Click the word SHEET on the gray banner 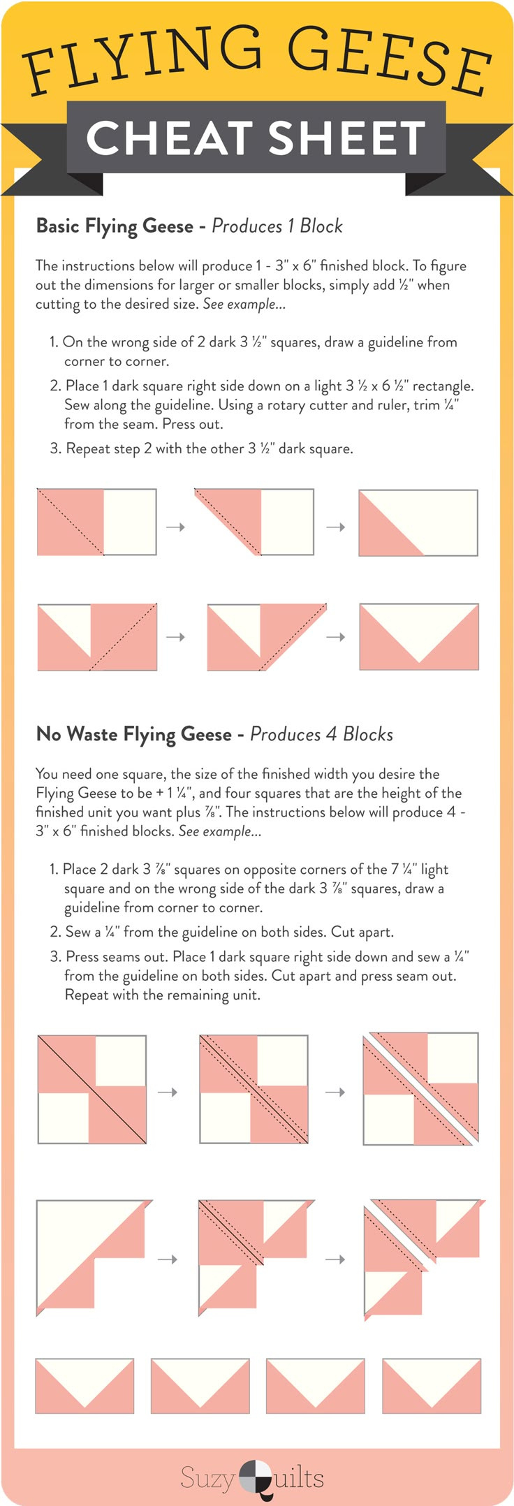tap(346, 138)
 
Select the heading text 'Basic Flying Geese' tap(115, 226)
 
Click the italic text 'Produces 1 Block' tap(277, 226)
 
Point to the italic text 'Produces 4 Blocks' tap(321, 734)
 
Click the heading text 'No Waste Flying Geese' tap(133, 734)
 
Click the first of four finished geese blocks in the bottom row tap(85, 1386)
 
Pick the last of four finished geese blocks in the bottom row tap(432, 1386)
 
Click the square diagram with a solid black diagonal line tap(91, 1089)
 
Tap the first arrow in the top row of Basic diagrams tap(175, 527)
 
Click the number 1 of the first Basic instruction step tap(53, 342)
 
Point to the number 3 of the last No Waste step tap(55, 956)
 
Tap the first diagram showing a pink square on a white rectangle tap(96, 522)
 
